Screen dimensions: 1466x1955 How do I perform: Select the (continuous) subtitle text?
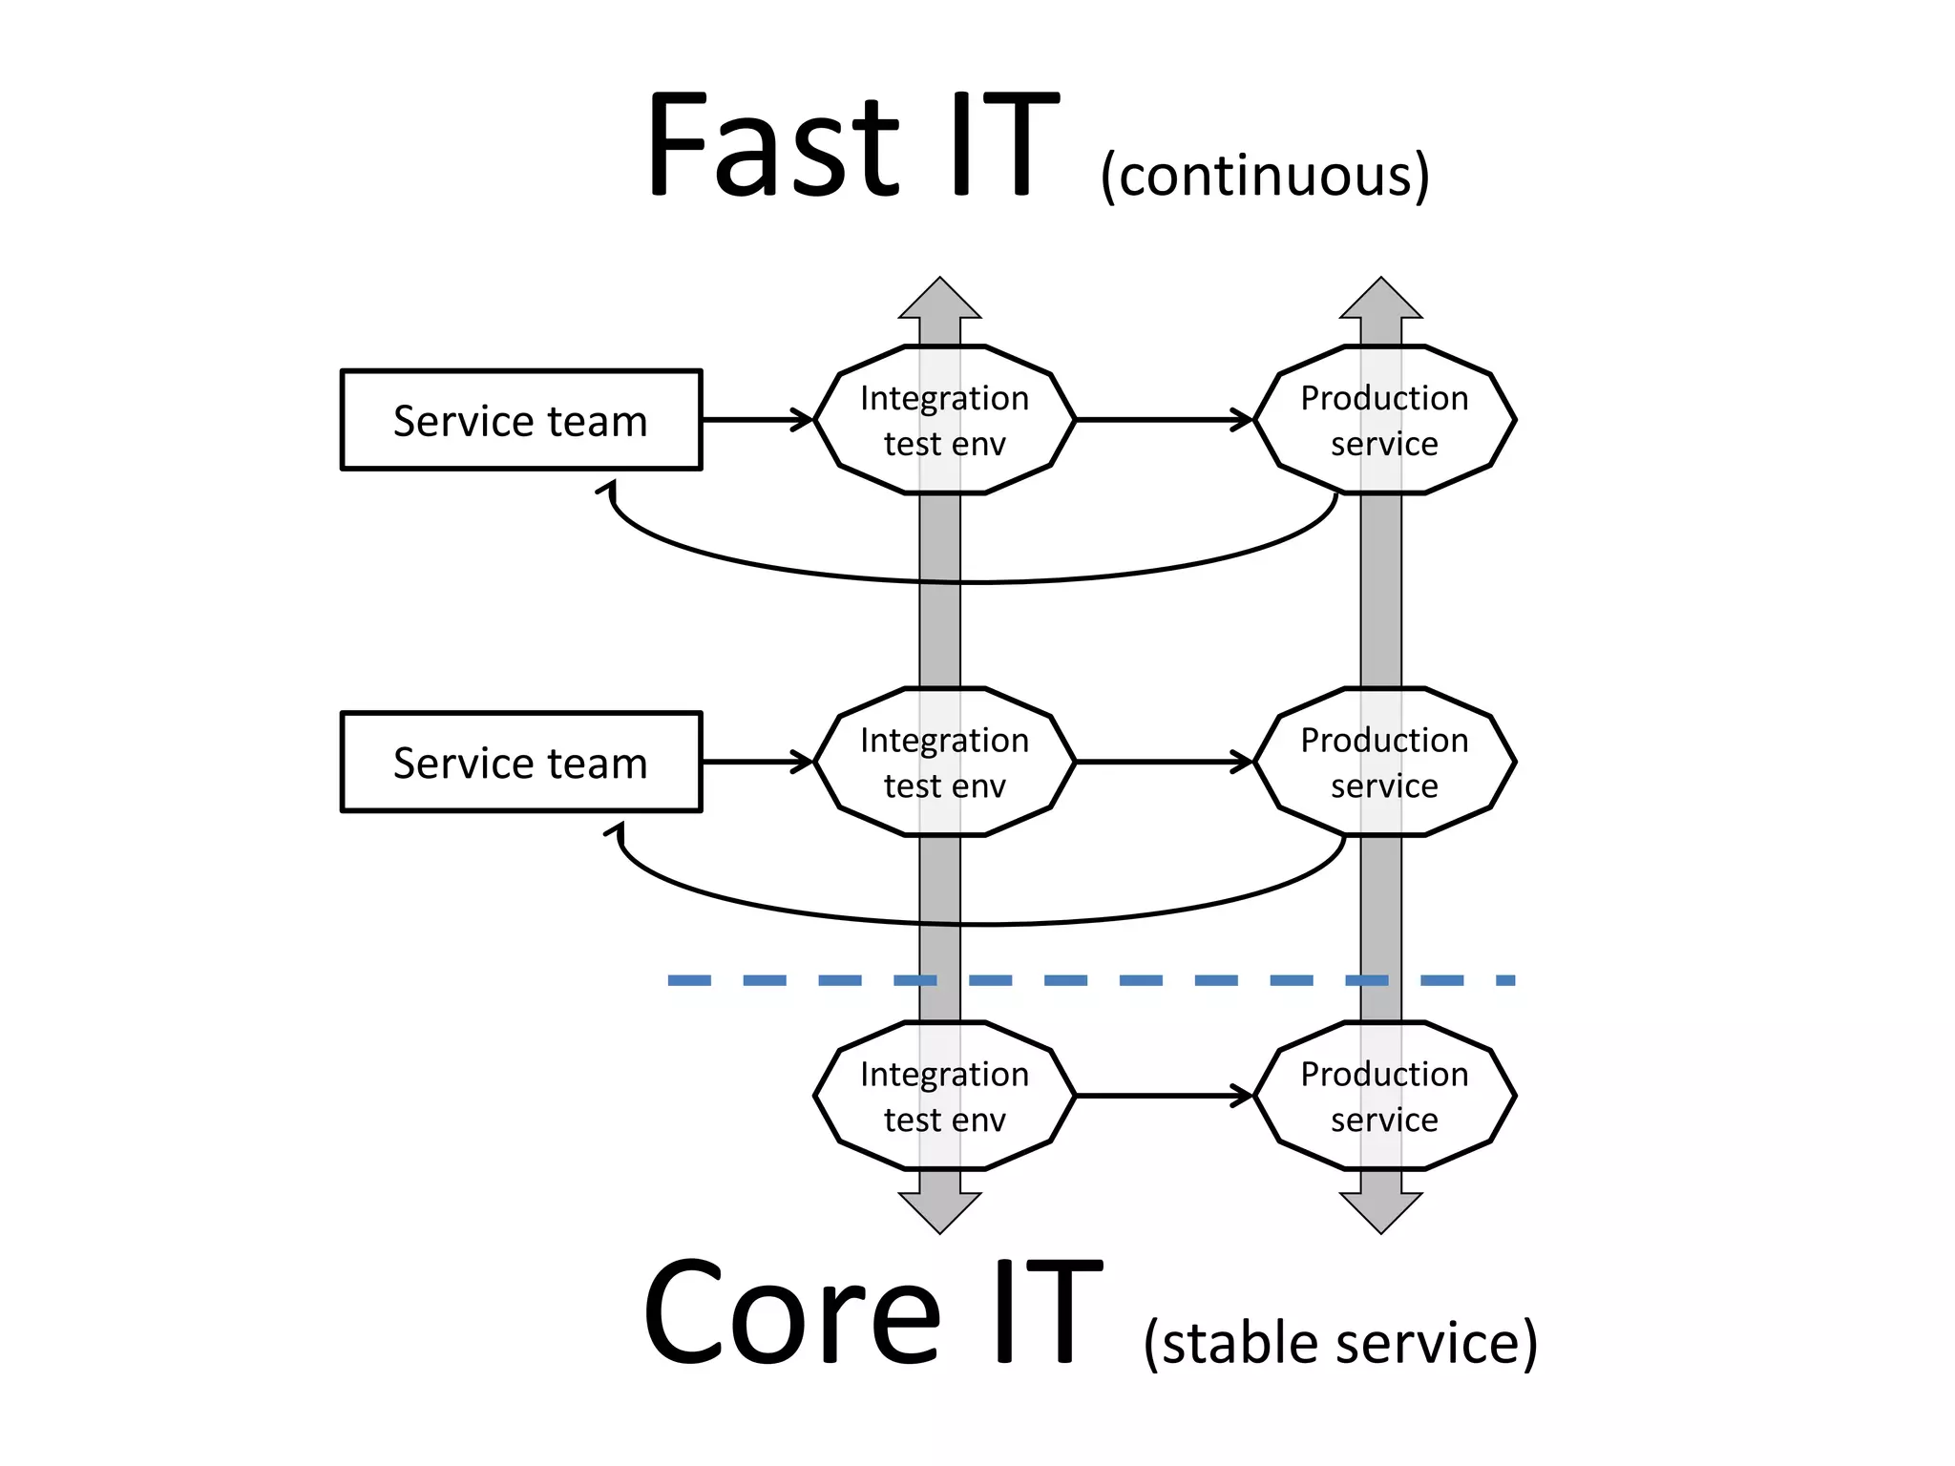point(1264,177)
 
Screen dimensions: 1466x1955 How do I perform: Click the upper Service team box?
point(521,420)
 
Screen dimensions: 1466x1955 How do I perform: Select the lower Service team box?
point(521,762)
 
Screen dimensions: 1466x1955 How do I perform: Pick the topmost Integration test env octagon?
point(944,420)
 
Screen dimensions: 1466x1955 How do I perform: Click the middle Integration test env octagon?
point(944,762)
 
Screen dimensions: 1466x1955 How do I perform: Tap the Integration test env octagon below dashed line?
point(944,1096)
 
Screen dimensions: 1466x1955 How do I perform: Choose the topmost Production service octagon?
point(1384,420)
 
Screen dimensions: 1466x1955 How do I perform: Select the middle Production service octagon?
point(1384,762)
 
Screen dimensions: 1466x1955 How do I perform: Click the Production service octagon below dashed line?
point(1384,1096)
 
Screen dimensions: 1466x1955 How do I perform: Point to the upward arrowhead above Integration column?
point(940,301)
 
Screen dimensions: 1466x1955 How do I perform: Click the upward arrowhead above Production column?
point(1381,301)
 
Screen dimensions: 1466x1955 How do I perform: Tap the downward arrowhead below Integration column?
point(940,1212)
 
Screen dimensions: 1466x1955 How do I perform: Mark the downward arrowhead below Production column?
point(1381,1212)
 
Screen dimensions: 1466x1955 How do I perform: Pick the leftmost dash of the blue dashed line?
point(689,980)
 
